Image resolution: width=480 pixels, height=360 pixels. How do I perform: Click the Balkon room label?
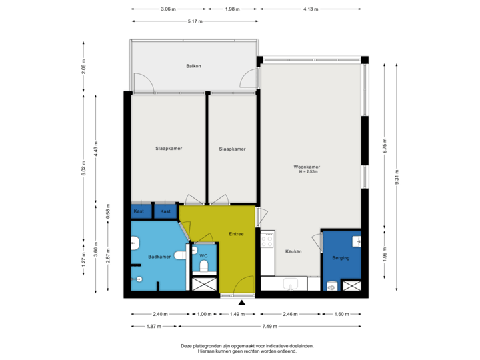coord(193,66)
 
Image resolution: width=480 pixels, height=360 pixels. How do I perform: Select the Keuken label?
coord(294,251)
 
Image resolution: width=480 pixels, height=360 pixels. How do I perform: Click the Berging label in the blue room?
coord(341,257)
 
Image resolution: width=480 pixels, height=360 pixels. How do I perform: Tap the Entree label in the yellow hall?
coord(236,234)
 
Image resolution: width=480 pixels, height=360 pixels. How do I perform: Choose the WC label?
coord(204,255)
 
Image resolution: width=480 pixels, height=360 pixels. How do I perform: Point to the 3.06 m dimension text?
coord(168,9)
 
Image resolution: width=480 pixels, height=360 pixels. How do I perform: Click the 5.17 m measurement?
coord(195,21)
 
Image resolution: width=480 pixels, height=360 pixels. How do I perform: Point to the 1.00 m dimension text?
coord(203,314)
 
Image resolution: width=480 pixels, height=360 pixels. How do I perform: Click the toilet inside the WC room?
coord(204,267)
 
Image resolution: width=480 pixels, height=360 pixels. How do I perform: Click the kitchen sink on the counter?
coord(290,285)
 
